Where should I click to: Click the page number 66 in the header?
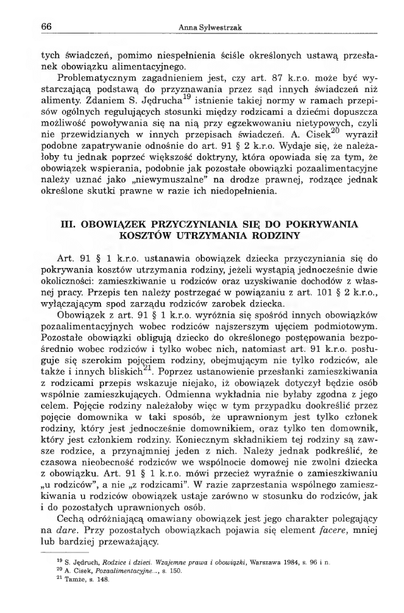pyautogui.click(x=45, y=26)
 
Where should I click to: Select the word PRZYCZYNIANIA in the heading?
pyautogui.click(x=181, y=224)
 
